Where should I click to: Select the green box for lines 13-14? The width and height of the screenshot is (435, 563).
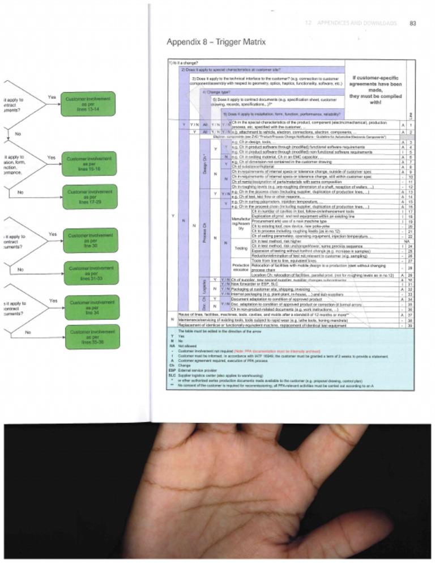[83, 101]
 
